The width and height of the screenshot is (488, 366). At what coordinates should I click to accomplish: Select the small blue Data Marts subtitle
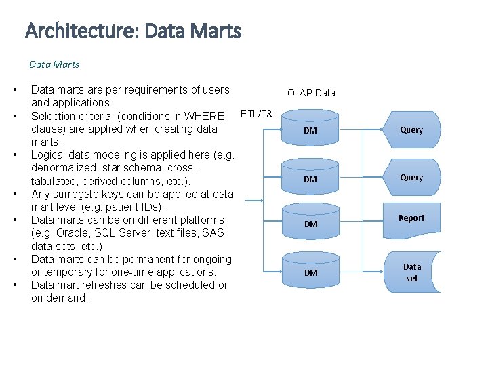pos(54,64)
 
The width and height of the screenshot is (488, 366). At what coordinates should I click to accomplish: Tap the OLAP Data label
pos(311,93)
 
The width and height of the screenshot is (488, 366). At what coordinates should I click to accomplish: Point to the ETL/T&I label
pos(258,113)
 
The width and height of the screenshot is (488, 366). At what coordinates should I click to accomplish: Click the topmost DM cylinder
pos(310,129)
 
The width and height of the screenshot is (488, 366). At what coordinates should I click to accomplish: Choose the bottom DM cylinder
pos(310,271)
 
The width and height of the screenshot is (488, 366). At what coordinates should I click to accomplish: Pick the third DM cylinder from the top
pos(310,222)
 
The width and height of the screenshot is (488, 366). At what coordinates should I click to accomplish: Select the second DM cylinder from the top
pos(310,178)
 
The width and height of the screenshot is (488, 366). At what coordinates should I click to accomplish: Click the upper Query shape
pos(411,129)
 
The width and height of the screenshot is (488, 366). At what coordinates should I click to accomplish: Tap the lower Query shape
pos(411,177)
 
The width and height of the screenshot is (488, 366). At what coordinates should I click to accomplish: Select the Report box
pos(411,218)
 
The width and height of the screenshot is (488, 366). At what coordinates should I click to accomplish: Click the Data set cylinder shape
pos(412,272)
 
